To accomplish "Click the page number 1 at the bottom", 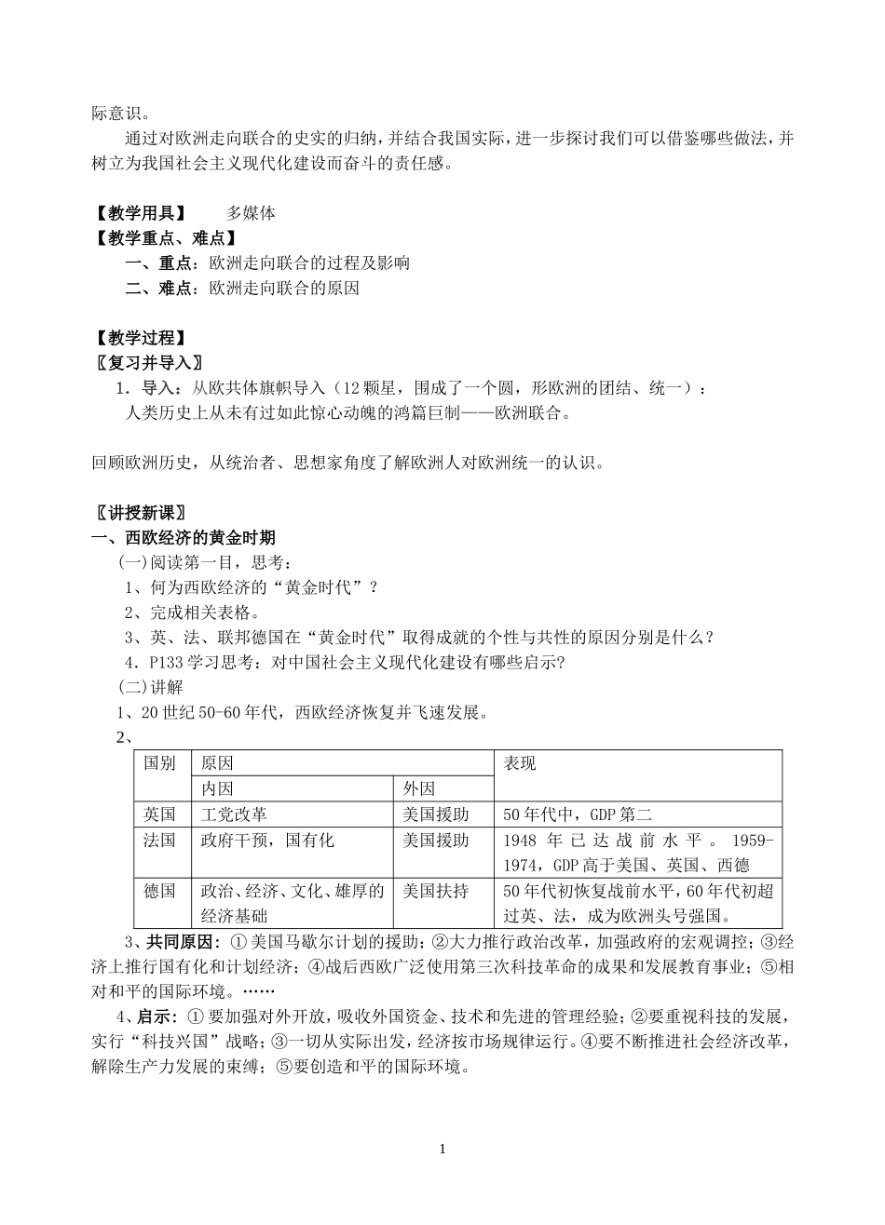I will point(443,1150).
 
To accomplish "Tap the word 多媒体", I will point(251,213).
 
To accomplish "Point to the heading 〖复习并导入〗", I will point(148,362).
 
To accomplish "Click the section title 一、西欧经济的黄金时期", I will point(183,538).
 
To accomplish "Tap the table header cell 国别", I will point(159,764).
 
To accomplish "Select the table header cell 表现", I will point(520,764).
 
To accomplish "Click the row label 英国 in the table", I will point(159,814).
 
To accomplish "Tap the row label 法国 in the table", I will point(159,841).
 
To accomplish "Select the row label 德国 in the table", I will point(159,891).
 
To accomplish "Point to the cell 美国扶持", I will point(435,891).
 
